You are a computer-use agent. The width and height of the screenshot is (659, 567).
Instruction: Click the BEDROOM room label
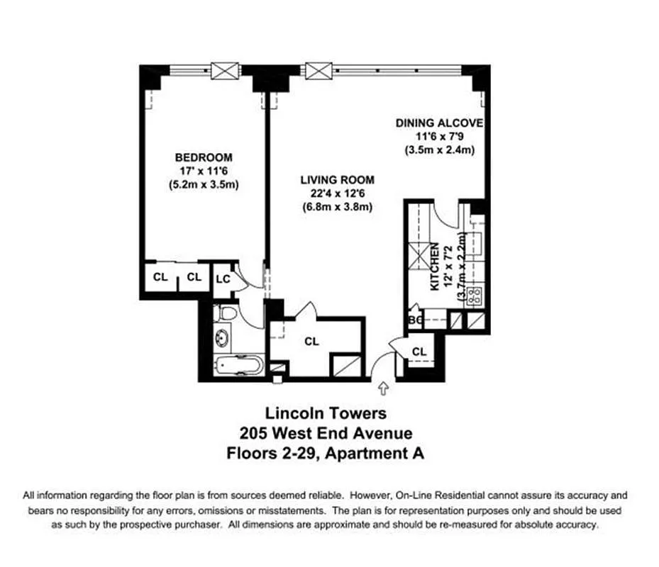[x=204, y=157]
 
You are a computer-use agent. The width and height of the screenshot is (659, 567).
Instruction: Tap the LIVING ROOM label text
[x=337, y=180]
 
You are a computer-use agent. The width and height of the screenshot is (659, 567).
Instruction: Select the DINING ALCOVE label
[x=439, y=123]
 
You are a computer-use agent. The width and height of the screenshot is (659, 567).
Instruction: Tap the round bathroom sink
[x=223, y=338]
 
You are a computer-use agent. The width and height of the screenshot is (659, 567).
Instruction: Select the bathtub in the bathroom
[x=240, y=366]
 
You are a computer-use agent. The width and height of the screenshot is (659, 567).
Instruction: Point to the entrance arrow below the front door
[x=384, y=388]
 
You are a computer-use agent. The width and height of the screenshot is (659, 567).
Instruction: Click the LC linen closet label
[x=223, y=279]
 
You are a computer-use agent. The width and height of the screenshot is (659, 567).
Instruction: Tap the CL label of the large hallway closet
[x=311, y=342]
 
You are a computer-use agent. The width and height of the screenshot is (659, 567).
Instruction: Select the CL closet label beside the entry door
[x=419, y=352]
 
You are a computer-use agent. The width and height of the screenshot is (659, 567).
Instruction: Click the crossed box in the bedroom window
[x=228, y=71]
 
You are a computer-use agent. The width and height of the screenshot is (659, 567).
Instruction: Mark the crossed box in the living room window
[x=319, y=71]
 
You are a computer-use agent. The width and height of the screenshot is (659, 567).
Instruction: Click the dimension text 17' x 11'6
[x=203, y=172]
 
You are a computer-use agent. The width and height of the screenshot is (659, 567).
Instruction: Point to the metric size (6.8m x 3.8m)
[x=337, y=207]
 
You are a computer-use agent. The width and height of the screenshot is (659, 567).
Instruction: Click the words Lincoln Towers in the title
[x=326, y=412]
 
